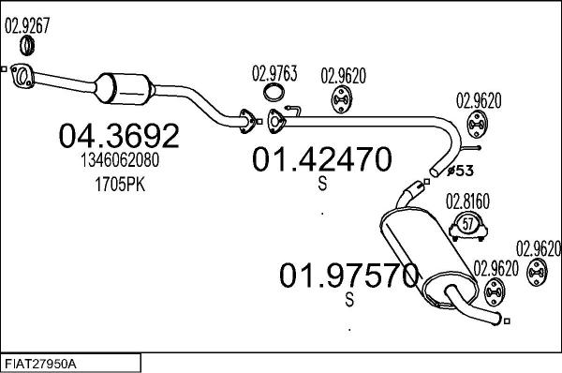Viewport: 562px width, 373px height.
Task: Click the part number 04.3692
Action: coord(119,137)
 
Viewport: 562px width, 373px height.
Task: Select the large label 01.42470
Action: coord(320,159)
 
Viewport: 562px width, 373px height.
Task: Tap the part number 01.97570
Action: coord(348,276)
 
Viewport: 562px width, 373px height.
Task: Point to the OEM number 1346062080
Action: coord(119,162)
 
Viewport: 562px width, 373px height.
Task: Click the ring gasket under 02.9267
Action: coord(31,49)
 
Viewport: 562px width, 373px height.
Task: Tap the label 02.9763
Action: coord(274,71)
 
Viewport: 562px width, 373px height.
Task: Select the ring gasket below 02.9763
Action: coord(274,92)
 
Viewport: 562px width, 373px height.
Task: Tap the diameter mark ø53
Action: coord(462,171)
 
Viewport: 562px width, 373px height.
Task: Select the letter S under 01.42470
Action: coord(322,186)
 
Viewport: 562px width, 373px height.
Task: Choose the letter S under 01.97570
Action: coord(349,300)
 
